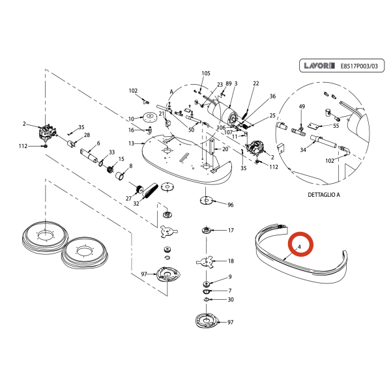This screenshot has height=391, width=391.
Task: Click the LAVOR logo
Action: click(x=319, y=66)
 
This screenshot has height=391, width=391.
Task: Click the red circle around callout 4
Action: click(x=302, y=246)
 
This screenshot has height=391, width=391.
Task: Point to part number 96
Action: click(x=230, y=205)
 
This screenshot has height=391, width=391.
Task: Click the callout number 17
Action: click(x=230, y=231)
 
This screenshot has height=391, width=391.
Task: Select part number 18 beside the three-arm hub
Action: click(x=230, y=261)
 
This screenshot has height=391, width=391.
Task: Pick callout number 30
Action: click(x=230, y=300)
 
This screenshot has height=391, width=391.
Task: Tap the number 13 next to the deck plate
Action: click(x=131, y=143)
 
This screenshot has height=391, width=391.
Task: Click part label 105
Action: click(x=207, y=73)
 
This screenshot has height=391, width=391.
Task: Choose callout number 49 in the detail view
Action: click(x=302, y=106)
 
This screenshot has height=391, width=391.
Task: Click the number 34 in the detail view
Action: click(x=303, y=150)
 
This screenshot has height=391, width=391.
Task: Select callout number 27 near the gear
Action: click(x=129, y=197)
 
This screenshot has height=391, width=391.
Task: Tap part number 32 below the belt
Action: click(x=136, y=204)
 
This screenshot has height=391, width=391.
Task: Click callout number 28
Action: click(x=87, y=135)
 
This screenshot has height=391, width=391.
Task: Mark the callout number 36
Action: click(x=272, y=96)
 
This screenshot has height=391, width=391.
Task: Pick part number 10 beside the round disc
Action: click(x=131, y=119)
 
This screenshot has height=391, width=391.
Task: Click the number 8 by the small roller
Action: click(x=130, y=167)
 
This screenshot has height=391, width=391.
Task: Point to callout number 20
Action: click(x=225, y=149)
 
